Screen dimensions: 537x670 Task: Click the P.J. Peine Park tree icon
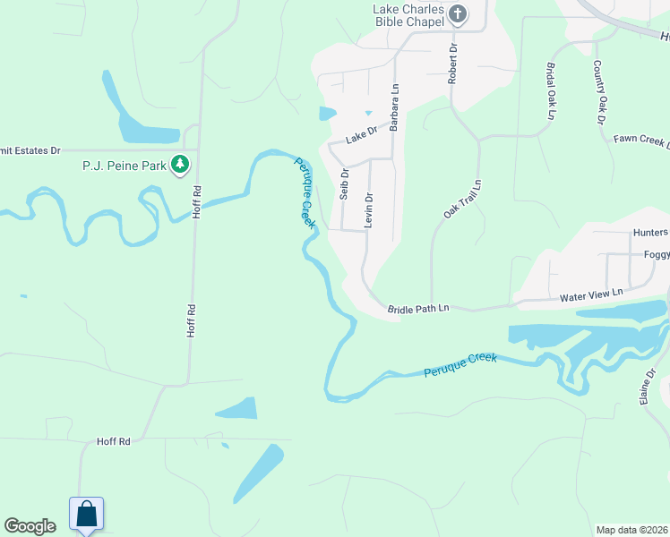tap(181, 164)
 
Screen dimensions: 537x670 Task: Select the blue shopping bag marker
tap(86, 515)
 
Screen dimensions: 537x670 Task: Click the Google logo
tap(30, 526)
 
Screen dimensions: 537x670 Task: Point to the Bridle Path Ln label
tap(417, 309)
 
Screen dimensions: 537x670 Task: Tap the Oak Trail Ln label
tap(462, 199)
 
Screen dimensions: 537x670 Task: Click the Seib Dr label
tap(344, 186)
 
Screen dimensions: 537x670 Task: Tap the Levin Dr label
tap(368, 209)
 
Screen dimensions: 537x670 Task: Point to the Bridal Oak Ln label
tap(549, 90)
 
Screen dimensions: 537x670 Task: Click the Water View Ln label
tap(591, 295)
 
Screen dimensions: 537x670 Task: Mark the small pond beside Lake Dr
tap(327, 114)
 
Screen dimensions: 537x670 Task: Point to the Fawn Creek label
tap(641, 141)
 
